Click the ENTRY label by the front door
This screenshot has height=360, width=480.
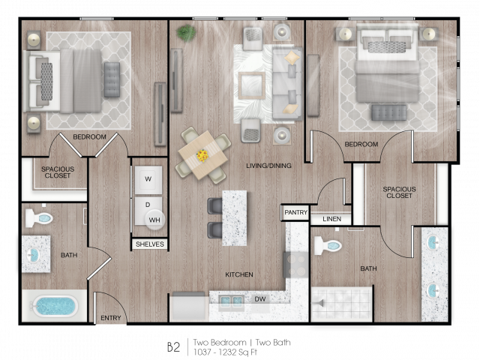(111, 318)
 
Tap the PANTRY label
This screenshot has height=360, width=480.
(295, 212)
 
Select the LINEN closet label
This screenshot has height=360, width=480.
(331, 219)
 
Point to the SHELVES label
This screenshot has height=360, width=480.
(150, 244)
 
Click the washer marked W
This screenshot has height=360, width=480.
(148, 180)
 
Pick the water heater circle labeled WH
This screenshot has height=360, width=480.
(155, 220)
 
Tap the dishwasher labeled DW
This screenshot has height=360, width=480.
(260, 298)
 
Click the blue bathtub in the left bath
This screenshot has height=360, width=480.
(55, 306)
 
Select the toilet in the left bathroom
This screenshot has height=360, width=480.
(39, 218)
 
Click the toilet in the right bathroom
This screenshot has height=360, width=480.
(328, 245)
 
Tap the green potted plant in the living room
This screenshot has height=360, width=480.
(186, 32)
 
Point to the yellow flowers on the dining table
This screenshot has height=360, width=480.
(202, 155)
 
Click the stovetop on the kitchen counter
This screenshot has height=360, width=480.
(295, 265)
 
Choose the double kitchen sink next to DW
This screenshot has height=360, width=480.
(232, 302)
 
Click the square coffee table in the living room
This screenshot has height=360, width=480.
(252, 85)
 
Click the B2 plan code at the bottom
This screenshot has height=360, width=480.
(173, 347)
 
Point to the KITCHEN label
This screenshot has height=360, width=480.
(239, 274)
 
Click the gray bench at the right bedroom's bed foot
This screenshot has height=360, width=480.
(388, 112)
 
